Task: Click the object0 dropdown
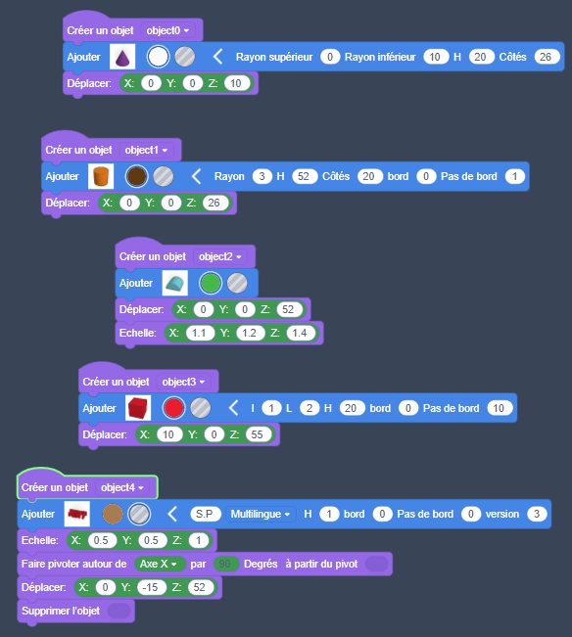(x=167, y=30)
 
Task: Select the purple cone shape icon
(x=122, y=57)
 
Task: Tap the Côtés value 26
(x=546, y=57)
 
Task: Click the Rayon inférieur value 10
(x=435, y=57)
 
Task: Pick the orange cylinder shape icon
(x=101, y=176)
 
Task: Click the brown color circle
(x=136, y=176)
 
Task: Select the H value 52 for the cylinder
(x=304, y=176)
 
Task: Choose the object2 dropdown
(x=220, y=256)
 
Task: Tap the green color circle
(x=211, y=283)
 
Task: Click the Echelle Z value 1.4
(x=300, y=333)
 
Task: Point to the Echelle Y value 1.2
(x=249, y=333)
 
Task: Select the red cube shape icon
(x=138, y=408)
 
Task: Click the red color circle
(x=173, y=408)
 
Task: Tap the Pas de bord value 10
(x=499, y=408)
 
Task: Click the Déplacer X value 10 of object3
(x=168, y=434)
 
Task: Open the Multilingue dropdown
(x=261, y=514)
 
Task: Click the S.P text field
(x=205, y=514)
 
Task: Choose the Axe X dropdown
(x=160, y=564)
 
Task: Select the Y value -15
(x=151, y=587)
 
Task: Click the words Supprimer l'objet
(x=61, y=611)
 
